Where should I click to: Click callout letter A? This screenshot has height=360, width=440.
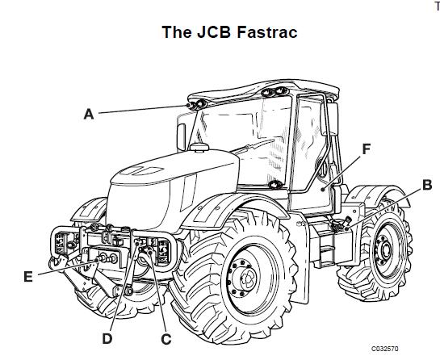(x=89, y=114)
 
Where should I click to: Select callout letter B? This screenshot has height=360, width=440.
(x=427, y=185)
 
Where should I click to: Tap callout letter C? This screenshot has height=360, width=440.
(x=166, y=339)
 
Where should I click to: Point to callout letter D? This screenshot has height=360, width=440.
(x=107, y=339)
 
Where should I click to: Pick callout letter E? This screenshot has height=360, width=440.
(x=28, y=277)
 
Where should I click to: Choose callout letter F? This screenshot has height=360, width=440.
(x=367, y=149)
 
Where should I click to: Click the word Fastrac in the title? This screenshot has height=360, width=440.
(x=267, y=32)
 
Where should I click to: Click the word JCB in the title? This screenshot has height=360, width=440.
(x=214, y=32)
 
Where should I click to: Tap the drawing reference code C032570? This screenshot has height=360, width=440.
(x=385, y=349)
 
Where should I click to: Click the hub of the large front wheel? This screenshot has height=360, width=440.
(x=247, y=278)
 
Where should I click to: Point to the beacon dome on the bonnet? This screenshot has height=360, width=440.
(x=199, y=148)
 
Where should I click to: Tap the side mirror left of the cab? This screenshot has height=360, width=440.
(x=181, y=137)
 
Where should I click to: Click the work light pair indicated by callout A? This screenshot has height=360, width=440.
(x=197, y=104)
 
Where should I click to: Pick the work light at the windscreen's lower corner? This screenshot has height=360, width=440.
(x=275, y=185)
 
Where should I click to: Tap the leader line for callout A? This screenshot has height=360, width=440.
(x=142, y=110)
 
